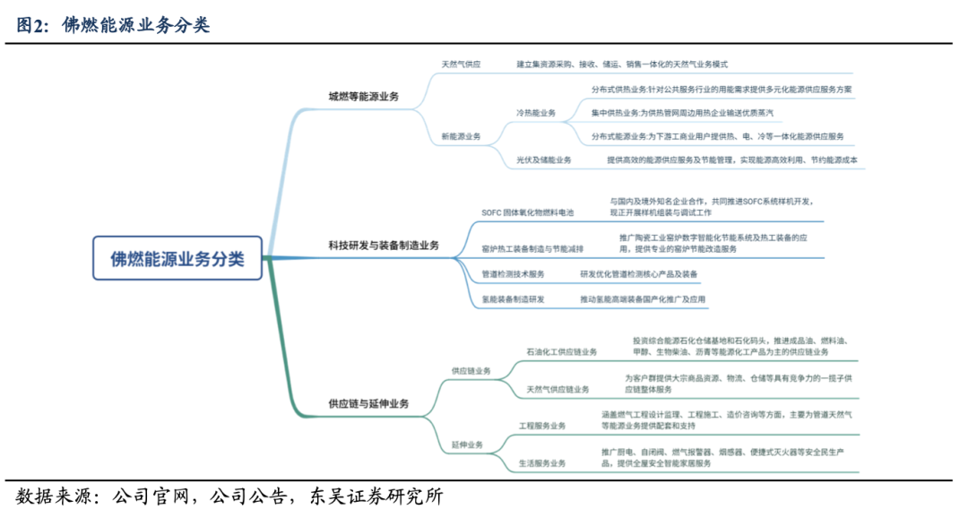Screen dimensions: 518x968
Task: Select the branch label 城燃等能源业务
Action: (363, 96)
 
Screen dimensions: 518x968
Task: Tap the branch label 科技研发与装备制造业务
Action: (383, 245)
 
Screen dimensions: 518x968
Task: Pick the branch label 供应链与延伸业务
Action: (367, 404)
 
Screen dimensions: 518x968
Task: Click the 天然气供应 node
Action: (461, 65)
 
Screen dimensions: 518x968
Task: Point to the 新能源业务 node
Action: (461, 136)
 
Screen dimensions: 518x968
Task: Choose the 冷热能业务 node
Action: (536, 113)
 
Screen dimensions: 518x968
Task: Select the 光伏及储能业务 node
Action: (543, 160)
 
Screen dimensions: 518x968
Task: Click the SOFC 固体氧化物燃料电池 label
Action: (527, 212)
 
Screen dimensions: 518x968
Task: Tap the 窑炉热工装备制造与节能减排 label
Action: (532, 248)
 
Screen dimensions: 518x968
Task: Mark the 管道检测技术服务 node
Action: (513, 273)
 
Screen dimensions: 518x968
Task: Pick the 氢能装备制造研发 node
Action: (513, 298)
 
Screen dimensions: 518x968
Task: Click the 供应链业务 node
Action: (471, 369)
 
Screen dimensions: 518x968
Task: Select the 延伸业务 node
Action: (466, 445)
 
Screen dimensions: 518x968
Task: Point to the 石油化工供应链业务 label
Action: (562, 351)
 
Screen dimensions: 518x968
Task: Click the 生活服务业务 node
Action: (542, 463)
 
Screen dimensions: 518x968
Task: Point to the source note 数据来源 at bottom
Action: (229, 497)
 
